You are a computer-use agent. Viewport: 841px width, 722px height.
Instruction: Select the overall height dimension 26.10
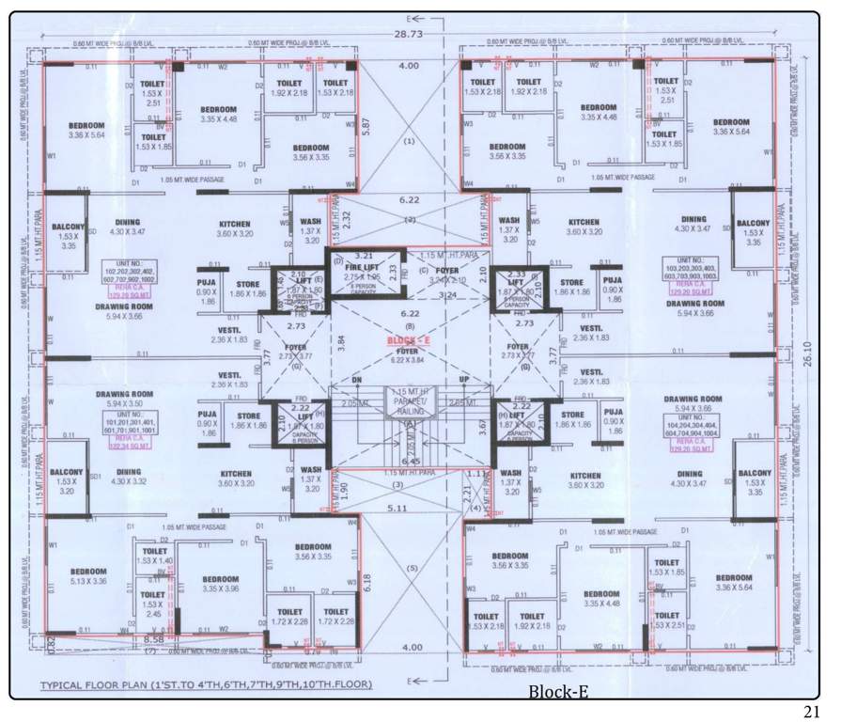pos(811,356)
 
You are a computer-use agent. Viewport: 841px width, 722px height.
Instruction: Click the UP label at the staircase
pos(461,380)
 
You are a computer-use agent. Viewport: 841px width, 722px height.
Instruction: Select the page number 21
pos(814,708)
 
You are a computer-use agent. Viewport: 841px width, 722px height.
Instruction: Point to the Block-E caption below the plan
pos(557,693)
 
